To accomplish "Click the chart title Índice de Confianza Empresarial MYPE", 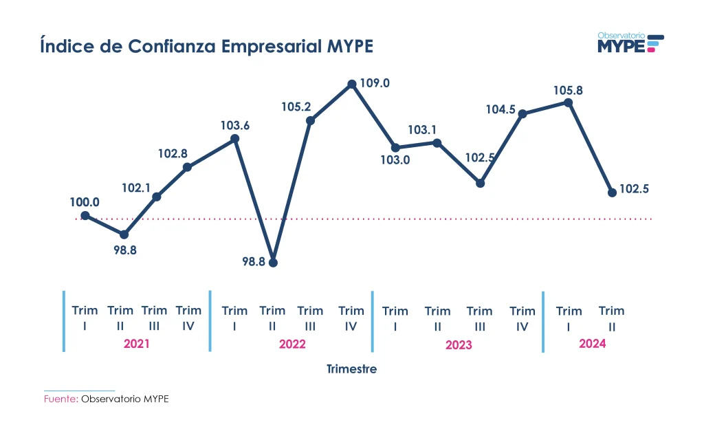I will click(206, 47).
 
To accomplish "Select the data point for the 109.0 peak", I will click(352, 84).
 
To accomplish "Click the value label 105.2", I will click(296, 107).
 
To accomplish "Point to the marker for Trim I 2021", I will click(85, 215).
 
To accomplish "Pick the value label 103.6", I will click(235, 126).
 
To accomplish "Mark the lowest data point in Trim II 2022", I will click(274, 262).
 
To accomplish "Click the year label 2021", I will click(136, 344).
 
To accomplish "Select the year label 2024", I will click(592, 344).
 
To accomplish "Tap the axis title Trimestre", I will click(351, 369).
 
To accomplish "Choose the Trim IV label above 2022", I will click(351, 318).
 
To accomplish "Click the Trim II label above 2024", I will click(611, 318).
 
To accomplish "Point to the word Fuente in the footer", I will click(60, 399).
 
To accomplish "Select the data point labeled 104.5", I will click(522, 113).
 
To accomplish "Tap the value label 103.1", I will click(423, 129).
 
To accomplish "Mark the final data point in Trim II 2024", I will click(612, 192).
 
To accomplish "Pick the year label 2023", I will click(459, 344).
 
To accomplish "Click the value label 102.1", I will click(137, 187).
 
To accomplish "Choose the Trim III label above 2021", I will click(154, 318).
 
